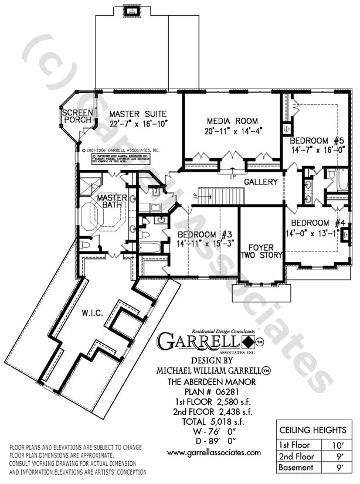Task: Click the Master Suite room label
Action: pyautogui.click(x=138, y=113)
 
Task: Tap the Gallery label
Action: pyautogui.click(x=261, y=182)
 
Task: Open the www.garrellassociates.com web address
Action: pyautogui.click(x=213, y=452)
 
